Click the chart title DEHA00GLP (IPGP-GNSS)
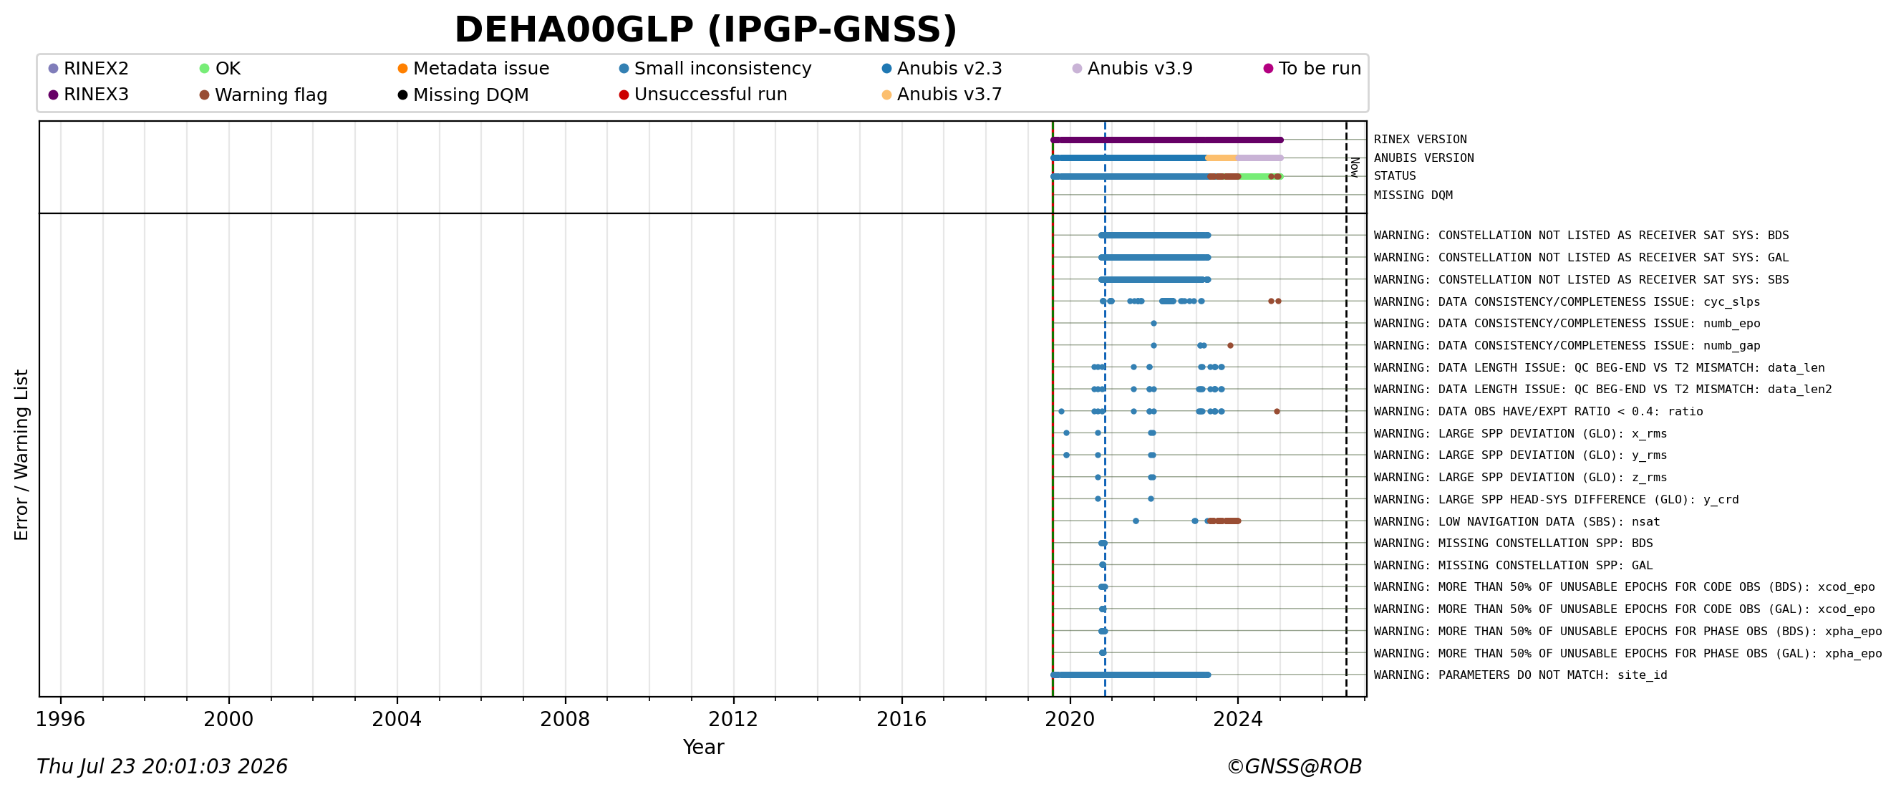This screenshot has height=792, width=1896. tap(706, 30)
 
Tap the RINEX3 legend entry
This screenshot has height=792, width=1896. tap(88, 95)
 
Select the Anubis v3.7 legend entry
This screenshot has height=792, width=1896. tap(942, 95)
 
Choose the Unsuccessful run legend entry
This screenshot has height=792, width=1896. tap(703, 95)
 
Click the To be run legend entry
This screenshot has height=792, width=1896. tap(1312, 69)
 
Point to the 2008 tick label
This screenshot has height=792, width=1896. tap(565, 719)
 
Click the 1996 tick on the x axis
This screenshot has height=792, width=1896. tap(60, 697)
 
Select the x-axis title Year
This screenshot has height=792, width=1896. tap(704, 747)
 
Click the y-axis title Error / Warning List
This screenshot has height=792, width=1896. tap(21, 455)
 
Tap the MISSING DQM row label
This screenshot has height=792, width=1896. tap(1413, 195)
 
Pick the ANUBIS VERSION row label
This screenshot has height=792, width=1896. tap(1423, 158)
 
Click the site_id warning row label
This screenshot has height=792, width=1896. tap(1520, 675)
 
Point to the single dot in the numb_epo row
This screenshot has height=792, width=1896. tap(1153, 323)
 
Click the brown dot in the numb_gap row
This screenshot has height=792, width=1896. tap(1230, 345)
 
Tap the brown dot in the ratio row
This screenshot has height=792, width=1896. tap(1276, 412)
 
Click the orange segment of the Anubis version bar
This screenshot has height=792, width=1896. tap(1221, 158)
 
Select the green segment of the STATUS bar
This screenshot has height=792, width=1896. tap(1254, 177)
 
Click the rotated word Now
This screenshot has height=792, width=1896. tap(1354, 167)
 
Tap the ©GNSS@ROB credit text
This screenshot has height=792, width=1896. tap(1294, 767)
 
